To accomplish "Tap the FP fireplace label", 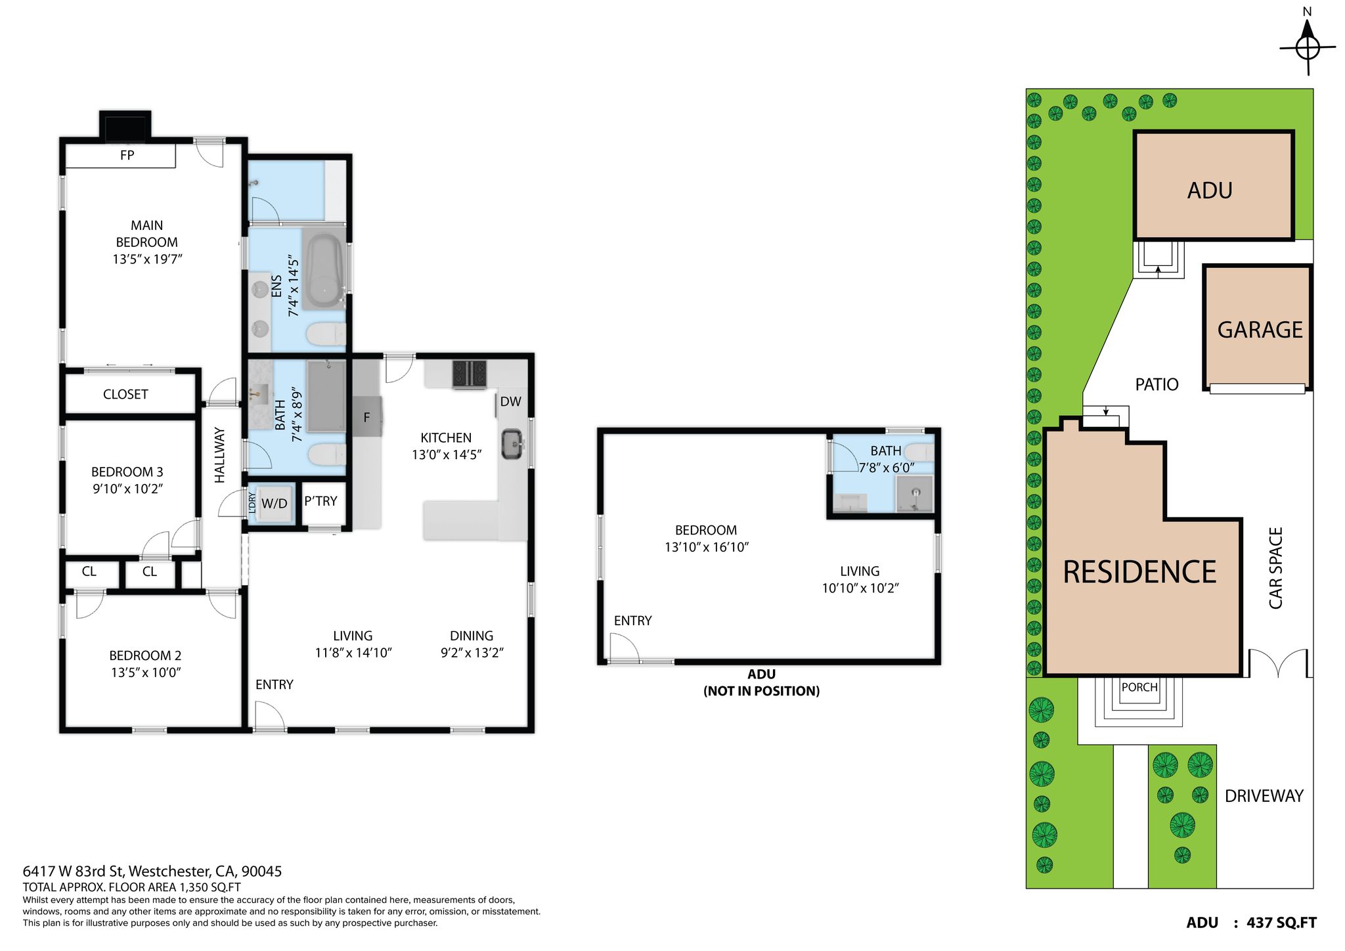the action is coord(127,155).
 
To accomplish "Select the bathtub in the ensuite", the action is coord(324,269).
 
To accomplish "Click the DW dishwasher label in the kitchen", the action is coord(510,401).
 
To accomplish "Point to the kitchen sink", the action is coord(512,444).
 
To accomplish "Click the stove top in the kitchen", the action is coord(470,374).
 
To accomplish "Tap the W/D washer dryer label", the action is coord(275,504).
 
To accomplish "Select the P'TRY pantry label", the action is coord(320,501).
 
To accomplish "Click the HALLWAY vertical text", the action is coord(219,455).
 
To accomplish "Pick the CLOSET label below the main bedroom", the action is coord(125,394).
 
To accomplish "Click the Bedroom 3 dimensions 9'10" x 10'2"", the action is coord(127,489).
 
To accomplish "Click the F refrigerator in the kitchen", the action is coord(366,417).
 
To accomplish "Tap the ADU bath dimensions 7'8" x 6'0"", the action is coord(887,468).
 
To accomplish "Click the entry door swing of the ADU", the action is coord(624,648).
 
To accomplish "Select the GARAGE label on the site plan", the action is coord(1260,330).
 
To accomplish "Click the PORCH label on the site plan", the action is coord(1139,687).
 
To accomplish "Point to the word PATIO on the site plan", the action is coord(1157,384).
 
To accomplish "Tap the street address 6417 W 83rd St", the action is coord(73,872).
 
